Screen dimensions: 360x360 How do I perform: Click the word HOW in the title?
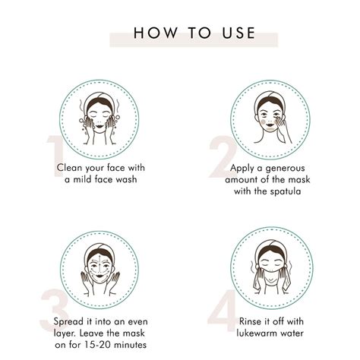[x=156, y=33]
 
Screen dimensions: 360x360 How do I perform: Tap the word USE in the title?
[x=238, y=33]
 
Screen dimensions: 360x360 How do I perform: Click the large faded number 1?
[x=55, y=156]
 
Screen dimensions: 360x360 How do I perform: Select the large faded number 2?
[x=223, y=156]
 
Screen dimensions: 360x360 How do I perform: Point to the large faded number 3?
[x=54, y=310]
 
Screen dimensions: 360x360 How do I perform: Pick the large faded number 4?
[x=223, y=311]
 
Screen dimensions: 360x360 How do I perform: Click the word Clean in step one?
[x=69, y=168]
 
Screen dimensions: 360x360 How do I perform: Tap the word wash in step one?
[x=126, y=179]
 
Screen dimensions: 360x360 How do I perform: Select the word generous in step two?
[x=285, y=169]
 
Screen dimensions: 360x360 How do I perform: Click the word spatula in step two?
[x=286, y=191]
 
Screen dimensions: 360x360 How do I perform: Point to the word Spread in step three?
[x=68, y=322]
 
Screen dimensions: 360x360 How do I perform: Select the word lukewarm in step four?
[x=255, y=333]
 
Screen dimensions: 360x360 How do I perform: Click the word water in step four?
[x=291, y=333]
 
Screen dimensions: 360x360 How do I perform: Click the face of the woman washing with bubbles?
[x=99, y=118]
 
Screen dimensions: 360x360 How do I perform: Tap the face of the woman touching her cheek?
[x=270, y=117]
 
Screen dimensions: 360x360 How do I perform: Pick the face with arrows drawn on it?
[x=100, y=269]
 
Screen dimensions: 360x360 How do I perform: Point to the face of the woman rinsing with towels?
[x=271, y=265]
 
